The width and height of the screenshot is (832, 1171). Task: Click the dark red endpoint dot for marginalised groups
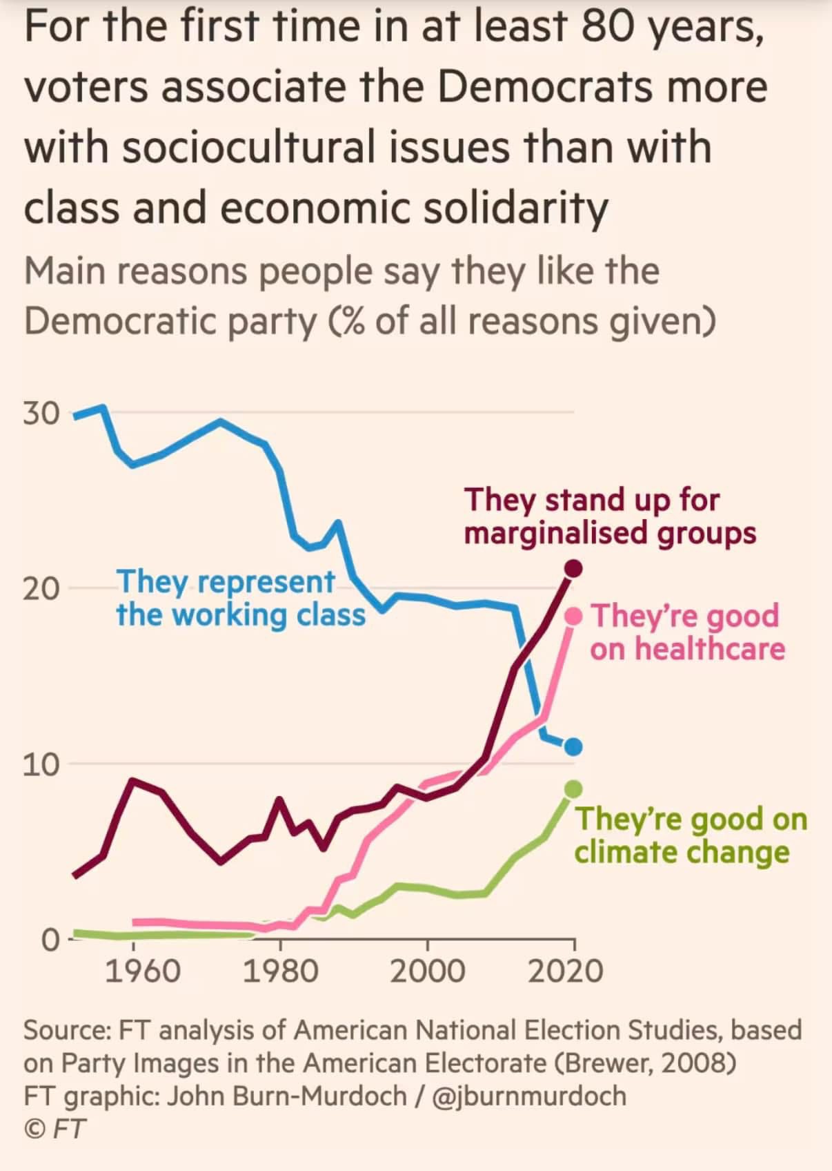pyautogui.click(x=573, y=569)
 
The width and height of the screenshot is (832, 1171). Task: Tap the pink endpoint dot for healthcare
pyautogui.click(x=573, y=616)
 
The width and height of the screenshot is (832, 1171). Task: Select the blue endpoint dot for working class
pyautogui.click(x=573, y=746)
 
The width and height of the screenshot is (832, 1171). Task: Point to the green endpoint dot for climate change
pyautogui.click(x=573, y=789)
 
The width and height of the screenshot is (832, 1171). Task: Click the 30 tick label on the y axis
pyautogui.click(x=41, y=414)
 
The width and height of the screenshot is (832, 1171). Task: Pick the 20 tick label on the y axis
pyautogui.click(x=41, y=589)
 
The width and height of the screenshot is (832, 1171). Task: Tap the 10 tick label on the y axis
pyautogui.click(x=41, y=764)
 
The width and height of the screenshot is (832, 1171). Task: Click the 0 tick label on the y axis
pyautogui.click(x=50, y=940)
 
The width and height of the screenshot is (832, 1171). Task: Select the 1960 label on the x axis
pyautogui.click(x=142, y=971)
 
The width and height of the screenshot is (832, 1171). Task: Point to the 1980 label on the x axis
pyautogui.click(x=280, y=971)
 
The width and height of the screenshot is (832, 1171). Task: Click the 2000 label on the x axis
pyautogui.click(x=427, y=971)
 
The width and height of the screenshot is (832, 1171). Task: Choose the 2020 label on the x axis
pyautogui.click(x=566, y=971)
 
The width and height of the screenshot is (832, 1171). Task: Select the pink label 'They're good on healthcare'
pyautogui.click(x=687, y=632)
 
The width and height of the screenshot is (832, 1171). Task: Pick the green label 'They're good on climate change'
pyautogui.click(x=690, y=835)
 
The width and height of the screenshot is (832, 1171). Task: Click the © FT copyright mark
pyautogui.click(x=55, y=1129)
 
